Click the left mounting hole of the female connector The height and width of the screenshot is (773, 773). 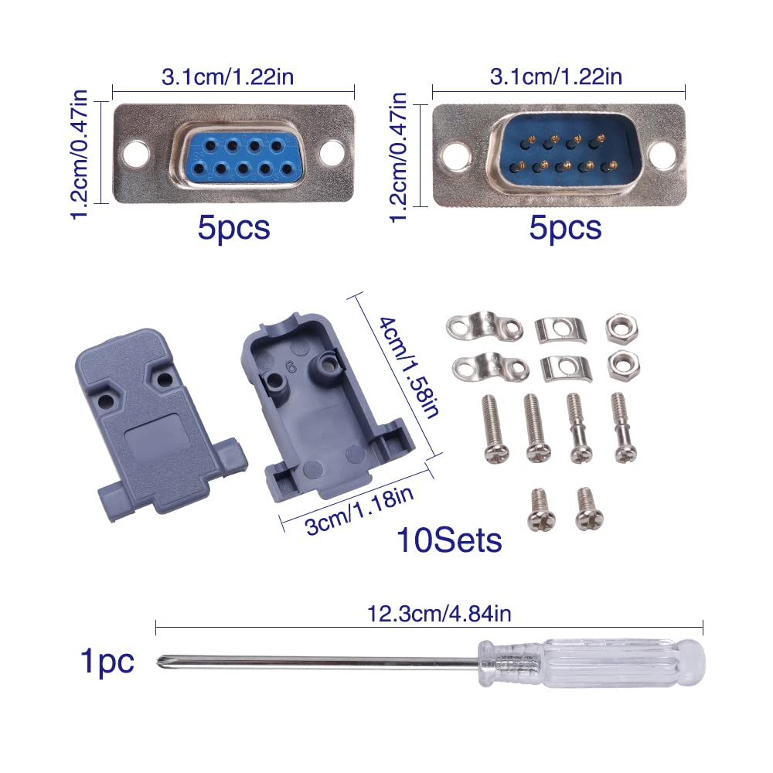(137, 152)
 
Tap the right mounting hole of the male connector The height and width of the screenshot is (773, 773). (662, 155)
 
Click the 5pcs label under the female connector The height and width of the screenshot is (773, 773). (233, 228)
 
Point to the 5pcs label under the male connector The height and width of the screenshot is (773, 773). (565, 228)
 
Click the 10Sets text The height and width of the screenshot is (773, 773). (449, 540)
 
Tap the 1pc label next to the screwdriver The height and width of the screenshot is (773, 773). (107, 662)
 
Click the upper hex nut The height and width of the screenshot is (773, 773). (621, 327)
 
